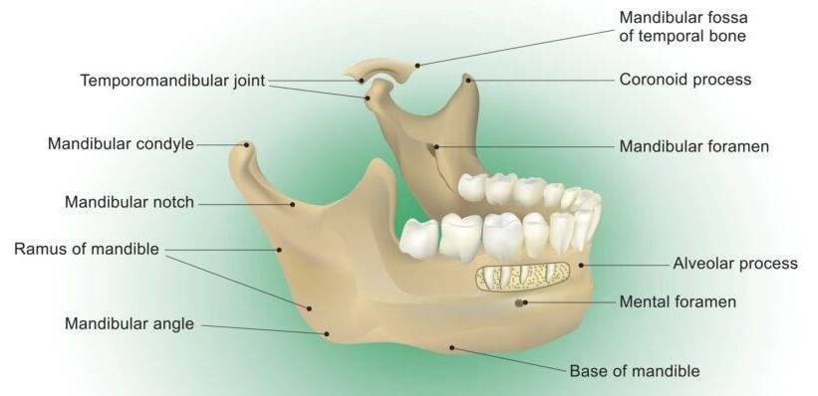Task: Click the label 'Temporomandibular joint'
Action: coord(172,81)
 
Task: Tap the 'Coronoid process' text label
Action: coord(685,80)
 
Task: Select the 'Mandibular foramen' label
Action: coord(693,146)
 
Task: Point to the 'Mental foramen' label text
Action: coord(678,301)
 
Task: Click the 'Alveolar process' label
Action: coord(735,263)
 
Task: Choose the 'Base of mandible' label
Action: coord(635,371)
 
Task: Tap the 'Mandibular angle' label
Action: coord(130,324)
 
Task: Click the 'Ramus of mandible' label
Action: coord(87,249)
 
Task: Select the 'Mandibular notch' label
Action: coord(130,202)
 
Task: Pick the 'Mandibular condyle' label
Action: coord(121,144)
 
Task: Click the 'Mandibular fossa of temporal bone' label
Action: coord(683,27)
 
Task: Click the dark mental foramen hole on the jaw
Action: coord(519,302)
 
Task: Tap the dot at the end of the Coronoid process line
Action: coord(468,81)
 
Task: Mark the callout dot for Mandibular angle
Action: coord(327,334)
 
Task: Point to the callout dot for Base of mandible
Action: coord(451,347)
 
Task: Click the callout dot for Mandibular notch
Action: coord(293,204)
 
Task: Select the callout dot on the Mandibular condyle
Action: coord(247,145)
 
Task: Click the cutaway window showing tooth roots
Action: coord(522,277)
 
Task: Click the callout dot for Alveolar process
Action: coord(581,266)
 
